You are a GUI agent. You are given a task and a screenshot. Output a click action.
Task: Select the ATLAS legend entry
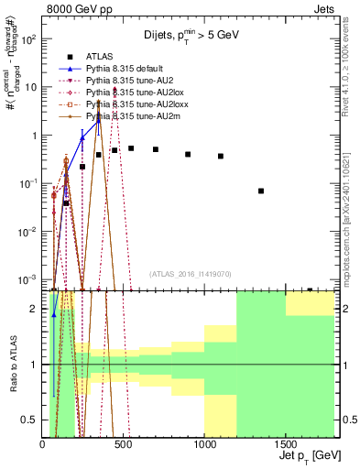pos(101,55)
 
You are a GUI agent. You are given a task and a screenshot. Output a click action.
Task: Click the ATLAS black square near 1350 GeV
pos(261,191)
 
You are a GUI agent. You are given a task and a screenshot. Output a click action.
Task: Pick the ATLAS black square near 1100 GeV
pos(221,157)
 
